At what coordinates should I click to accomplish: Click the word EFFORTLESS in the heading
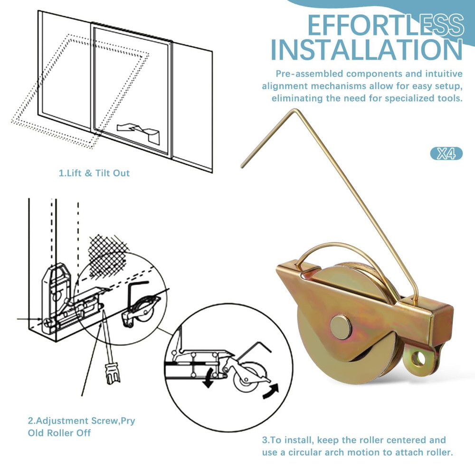[385, 25]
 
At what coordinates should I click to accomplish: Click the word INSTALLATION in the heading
[366, 49]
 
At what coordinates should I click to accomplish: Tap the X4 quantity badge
[446, 153]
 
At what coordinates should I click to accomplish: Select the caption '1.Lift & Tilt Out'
[94, 173]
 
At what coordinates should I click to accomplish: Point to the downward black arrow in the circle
[207, 380]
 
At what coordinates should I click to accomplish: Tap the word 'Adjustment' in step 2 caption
[64, 420]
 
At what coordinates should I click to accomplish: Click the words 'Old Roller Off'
[59, 433]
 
